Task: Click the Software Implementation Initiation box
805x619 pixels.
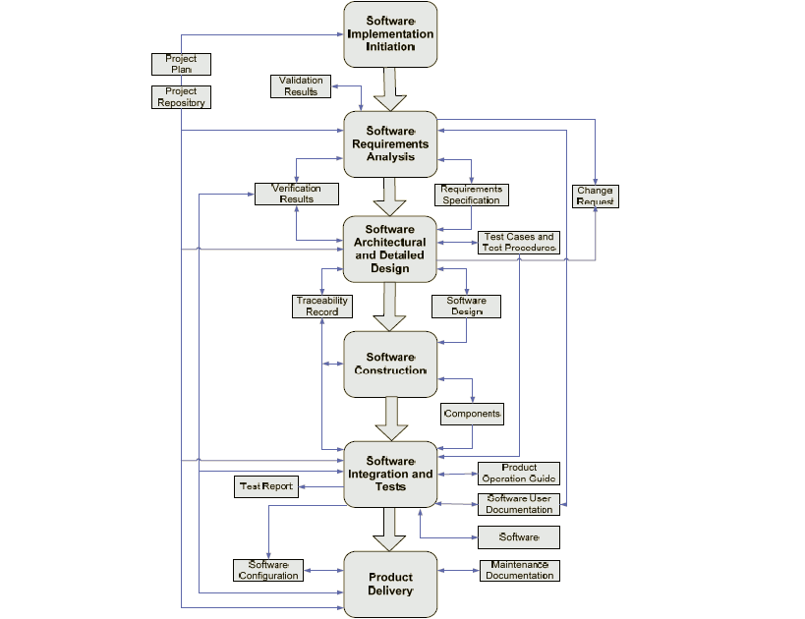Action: (x=390, y=33)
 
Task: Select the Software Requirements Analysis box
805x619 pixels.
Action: (x=390, y=143)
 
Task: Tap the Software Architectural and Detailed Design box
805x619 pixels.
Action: (x=390, y=249)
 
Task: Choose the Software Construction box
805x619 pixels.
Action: (x=390, y=364)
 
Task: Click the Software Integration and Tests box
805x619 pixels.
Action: (x=390, y=474)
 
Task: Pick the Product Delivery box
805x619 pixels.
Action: (x=390, y=584)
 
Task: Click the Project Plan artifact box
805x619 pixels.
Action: (x=181, y=65)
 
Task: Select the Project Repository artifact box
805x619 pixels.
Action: (x=181, y=96)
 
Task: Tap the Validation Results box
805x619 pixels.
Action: (x=302, y=86)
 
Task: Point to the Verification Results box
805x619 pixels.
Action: (x=296, y=194)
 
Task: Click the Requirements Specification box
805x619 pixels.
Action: (x=471, y=195)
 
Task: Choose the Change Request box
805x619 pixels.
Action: (x=595, y=196)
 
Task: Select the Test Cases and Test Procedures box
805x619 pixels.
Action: (x=517, y=243)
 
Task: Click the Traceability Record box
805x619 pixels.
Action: (x=321, y=306)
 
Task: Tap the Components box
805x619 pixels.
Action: (x=472, y=414)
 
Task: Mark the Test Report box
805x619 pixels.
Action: (x=266, y=486)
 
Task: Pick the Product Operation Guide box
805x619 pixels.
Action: (x=518, y=474)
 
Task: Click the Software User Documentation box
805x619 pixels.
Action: (x=518, y=504)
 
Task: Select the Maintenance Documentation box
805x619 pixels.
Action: (x=518, y=570)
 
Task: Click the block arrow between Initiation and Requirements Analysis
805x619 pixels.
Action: (x=390, y=89)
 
